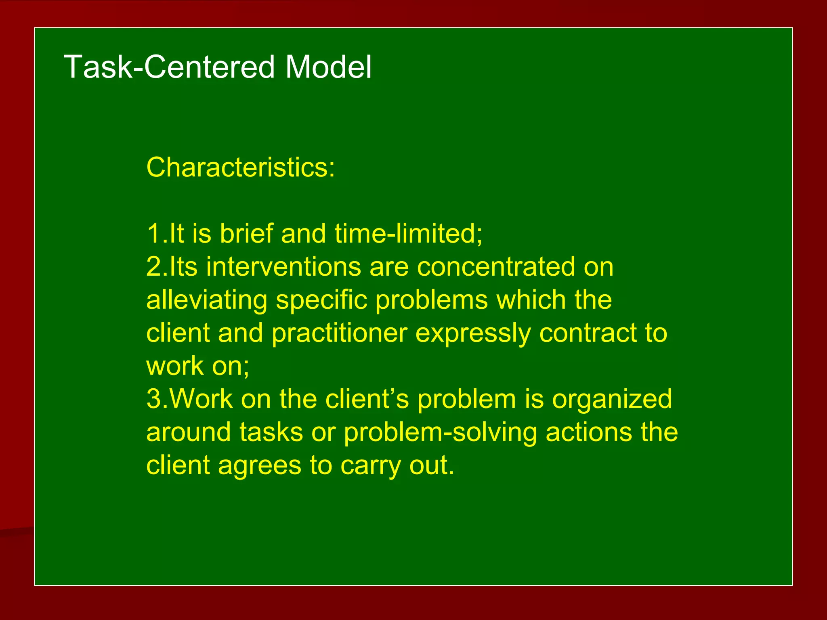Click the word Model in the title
point(328,67)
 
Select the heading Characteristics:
point(241,167)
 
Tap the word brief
point(246,234)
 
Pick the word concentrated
point(496,267)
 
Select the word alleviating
point(206,301)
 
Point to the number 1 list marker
point(154,234)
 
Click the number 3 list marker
point(154,399)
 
